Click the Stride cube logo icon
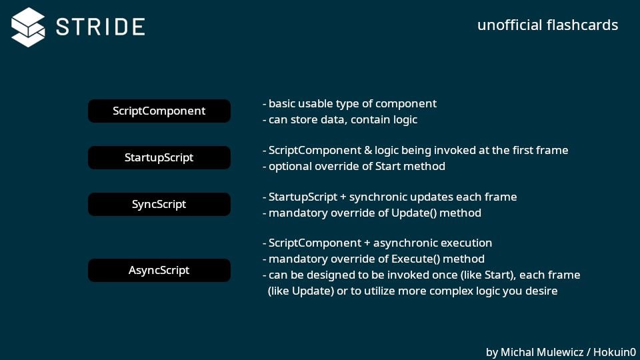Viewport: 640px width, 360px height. (x=28, y=27)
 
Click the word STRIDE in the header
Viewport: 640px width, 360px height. (x=101, y=27)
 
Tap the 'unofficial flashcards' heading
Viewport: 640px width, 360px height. (x=547, y=25)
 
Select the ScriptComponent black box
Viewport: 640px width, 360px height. (x=159, y=111)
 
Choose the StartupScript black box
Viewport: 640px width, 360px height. (x=159, y=158)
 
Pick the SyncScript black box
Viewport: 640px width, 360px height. (x=159, y=205)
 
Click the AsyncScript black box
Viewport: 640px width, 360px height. (x=159, y=271)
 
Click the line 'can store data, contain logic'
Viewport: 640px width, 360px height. (x=343, y=120)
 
